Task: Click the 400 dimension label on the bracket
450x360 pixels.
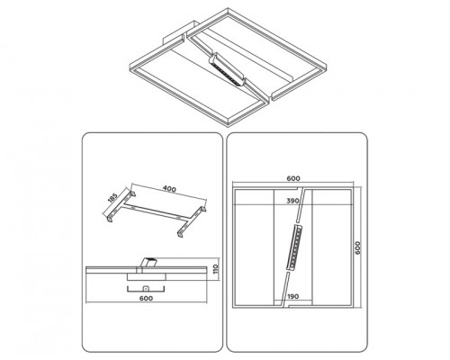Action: [x=169, y=189]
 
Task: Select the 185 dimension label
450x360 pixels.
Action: [x=112, y=199]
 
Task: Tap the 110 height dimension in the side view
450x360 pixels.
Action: [x=216, y=269]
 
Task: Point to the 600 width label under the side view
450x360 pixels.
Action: [x=146, y=298]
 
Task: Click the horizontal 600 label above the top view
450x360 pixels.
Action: [x=293, y=178]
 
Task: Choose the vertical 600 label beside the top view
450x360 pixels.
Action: [x=358, y=247]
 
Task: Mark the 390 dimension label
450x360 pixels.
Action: [x=292, y=201]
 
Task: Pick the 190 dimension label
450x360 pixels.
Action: [x=292, y=296]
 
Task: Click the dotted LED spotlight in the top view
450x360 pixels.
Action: [x=293, y=247]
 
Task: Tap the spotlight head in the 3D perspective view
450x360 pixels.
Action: [x=227, y=69]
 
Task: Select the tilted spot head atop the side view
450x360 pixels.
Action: [x=149, y=262]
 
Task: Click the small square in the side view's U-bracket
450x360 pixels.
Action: [x=146, y=289]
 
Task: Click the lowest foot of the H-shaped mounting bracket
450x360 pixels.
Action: [x=181, y=233]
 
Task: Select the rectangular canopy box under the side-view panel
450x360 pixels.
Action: [x=146, y=276]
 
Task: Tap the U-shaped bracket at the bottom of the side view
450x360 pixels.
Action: [x=146, y=291]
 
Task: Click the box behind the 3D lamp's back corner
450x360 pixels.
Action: [x=179, y=32]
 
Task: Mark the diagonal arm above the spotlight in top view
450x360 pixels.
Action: [x=301, y=206]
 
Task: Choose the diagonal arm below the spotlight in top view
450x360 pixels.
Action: [x=285, y=289]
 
